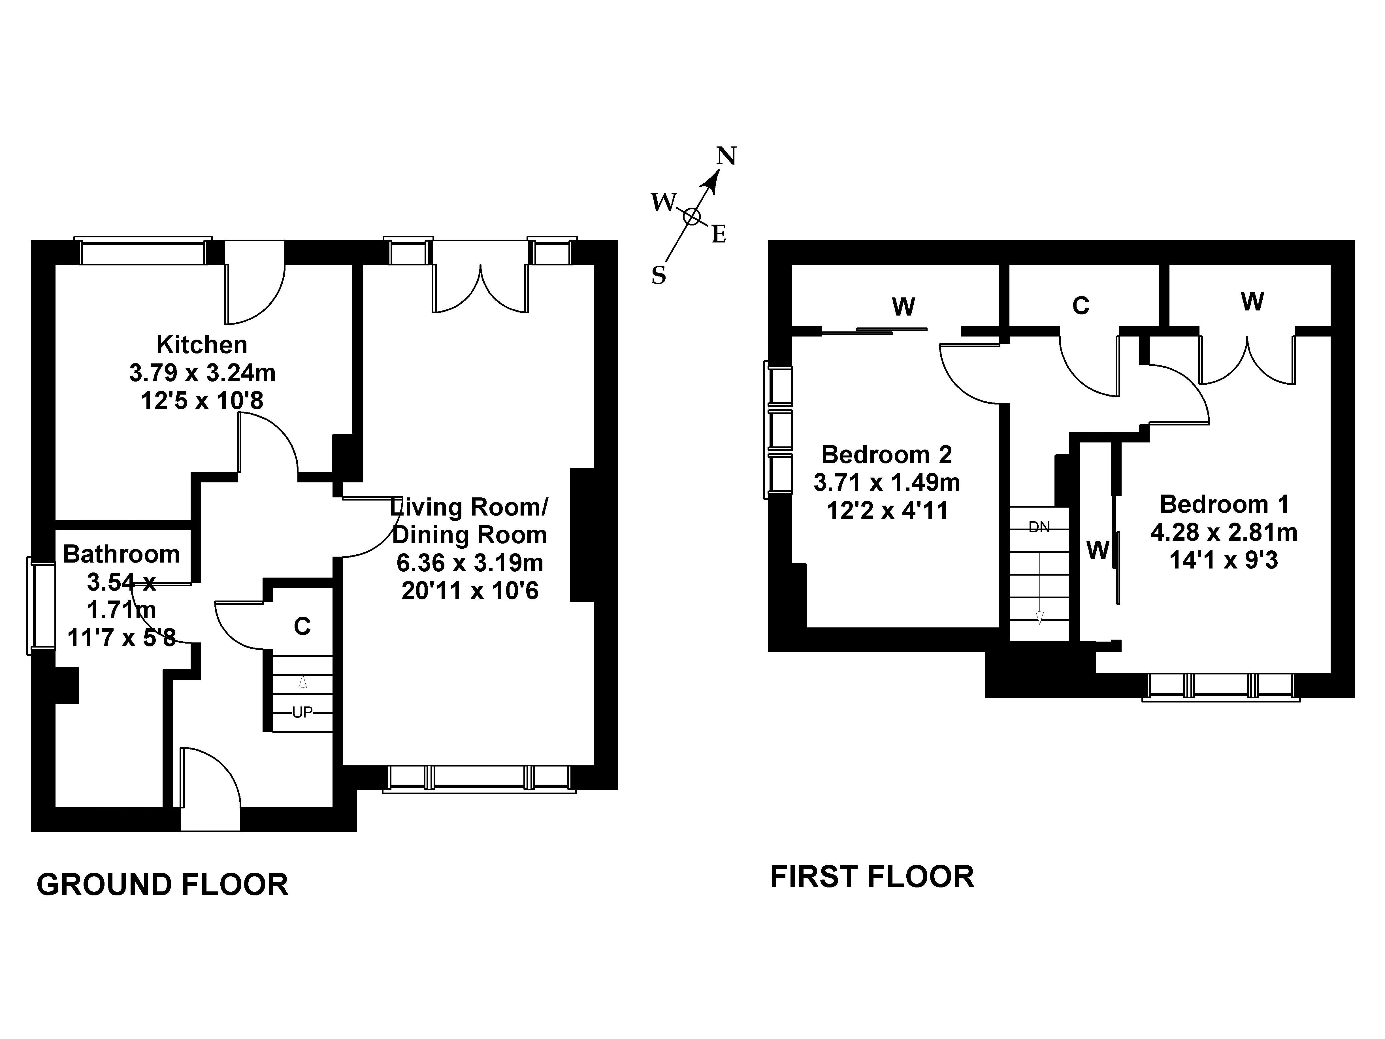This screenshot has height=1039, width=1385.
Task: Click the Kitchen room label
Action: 202,344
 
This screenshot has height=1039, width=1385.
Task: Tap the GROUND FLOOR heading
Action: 162,885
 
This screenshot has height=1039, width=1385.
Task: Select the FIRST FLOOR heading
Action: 872,877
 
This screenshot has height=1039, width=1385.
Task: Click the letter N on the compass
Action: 726,155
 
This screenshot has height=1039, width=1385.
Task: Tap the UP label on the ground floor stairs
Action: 302,712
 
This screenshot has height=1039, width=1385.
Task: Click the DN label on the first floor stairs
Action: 1039,527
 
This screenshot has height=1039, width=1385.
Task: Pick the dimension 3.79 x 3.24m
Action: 202,373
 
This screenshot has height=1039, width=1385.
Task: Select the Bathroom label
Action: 122,554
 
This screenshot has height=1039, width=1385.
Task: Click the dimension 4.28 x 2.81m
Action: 1224,532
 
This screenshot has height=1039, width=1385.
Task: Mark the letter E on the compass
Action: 719,235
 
